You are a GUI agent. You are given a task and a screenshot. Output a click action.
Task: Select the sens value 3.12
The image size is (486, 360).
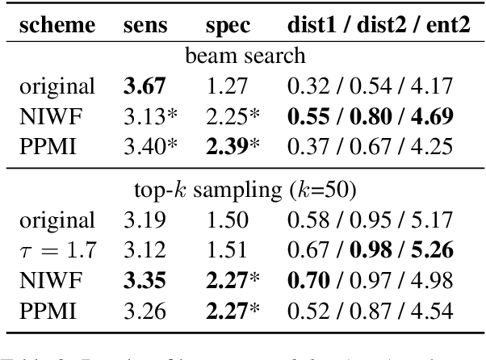(x=126, y=250)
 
